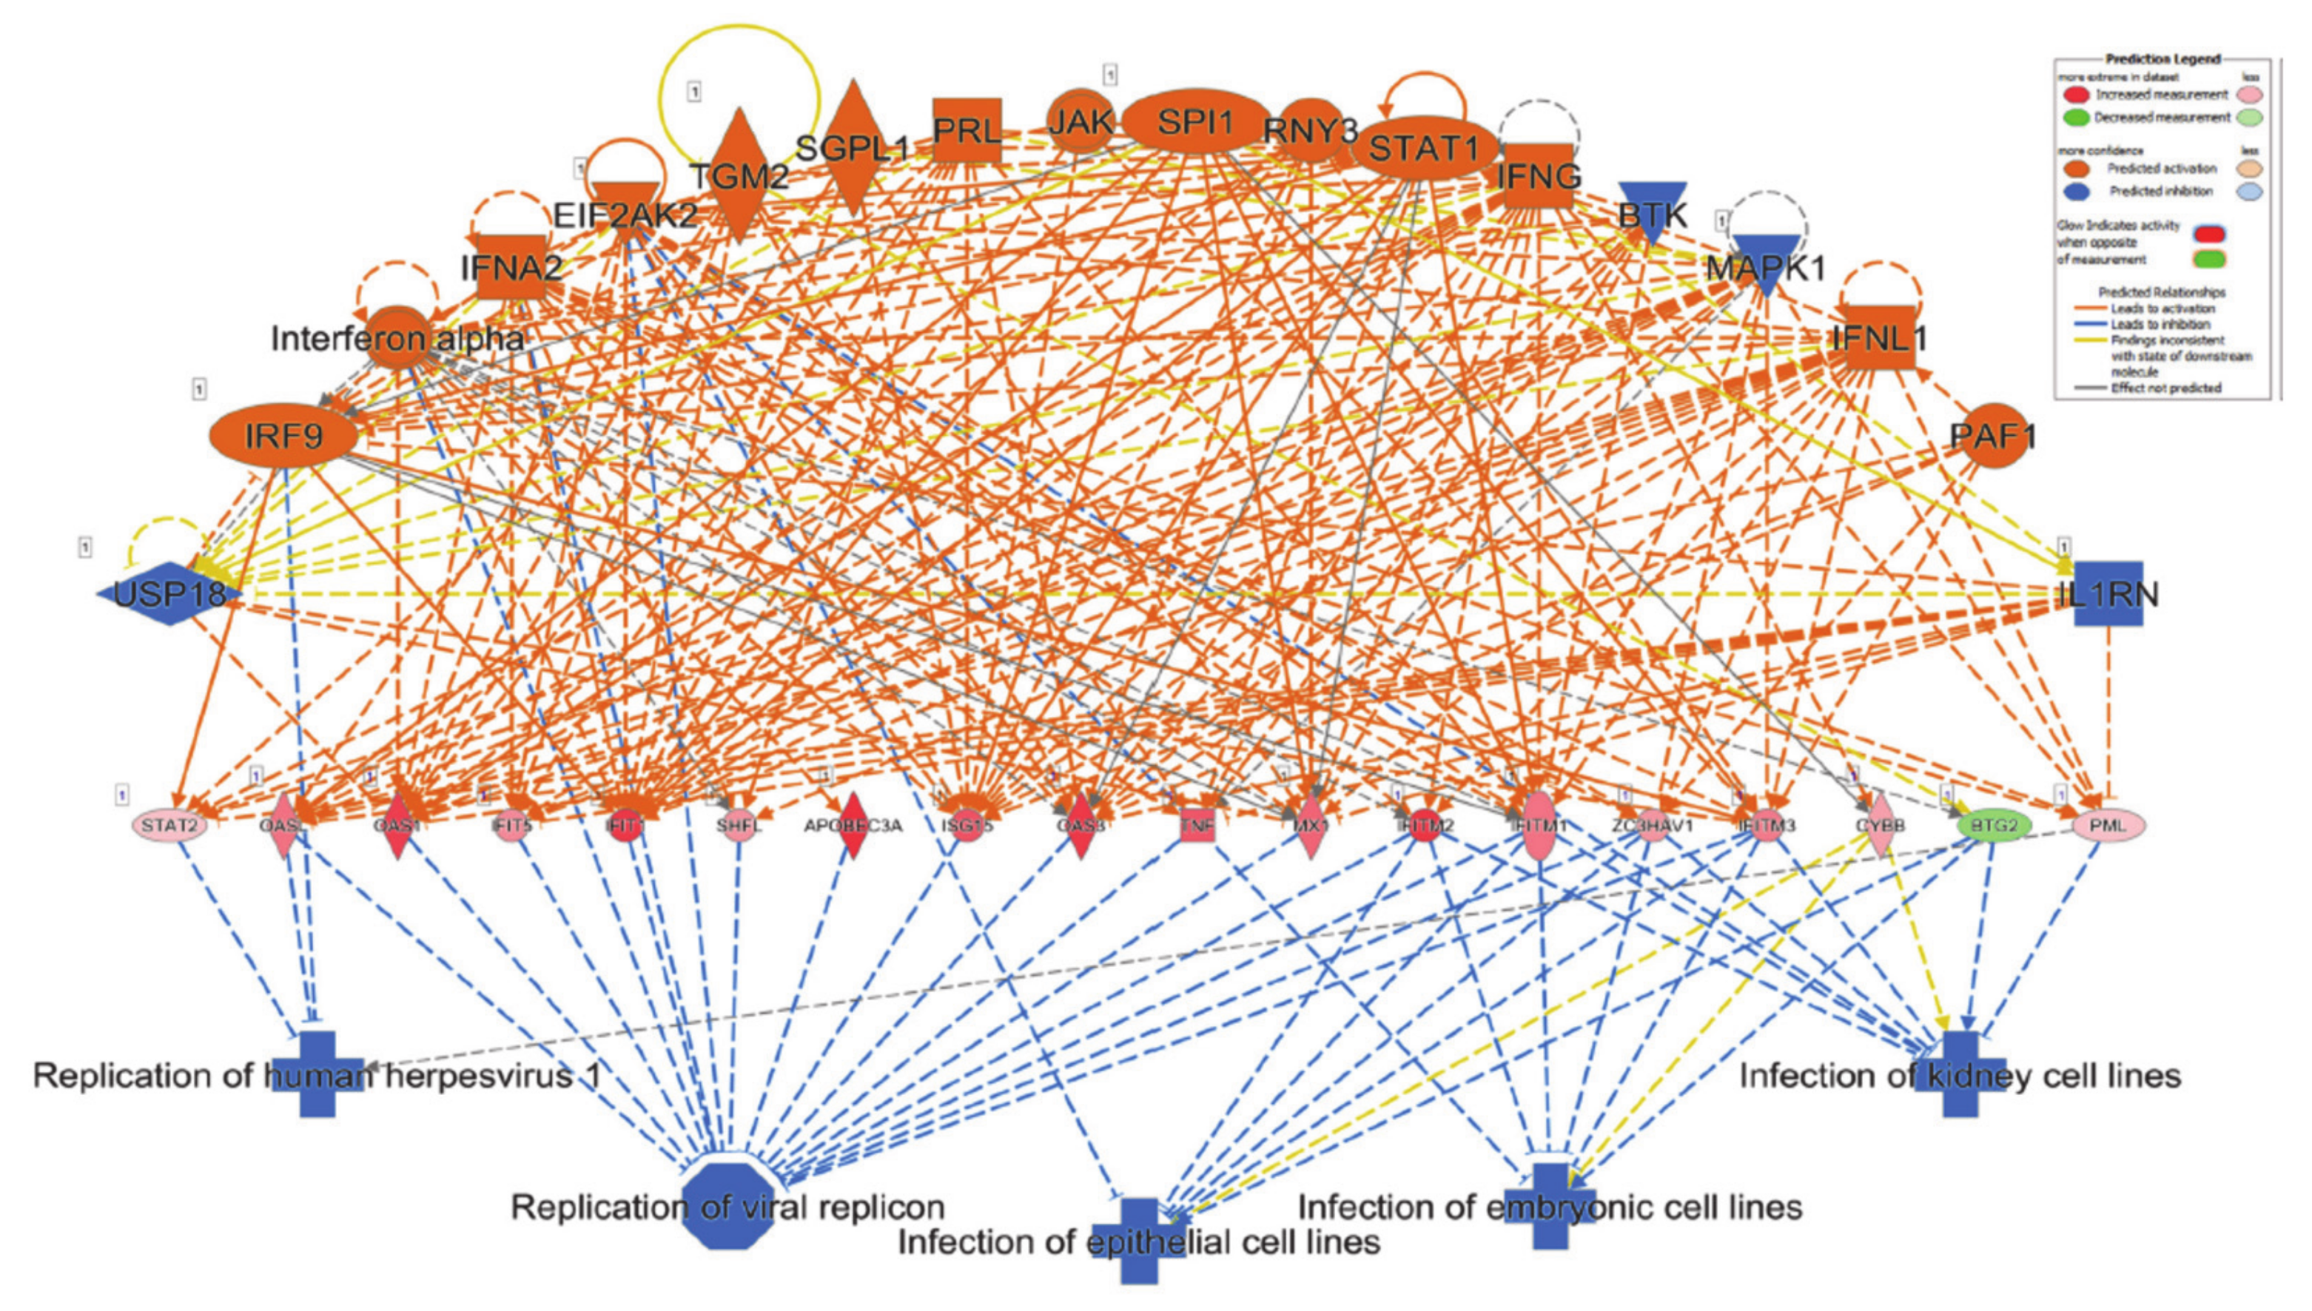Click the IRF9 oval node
283,437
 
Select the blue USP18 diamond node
169,593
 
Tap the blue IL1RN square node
2108,593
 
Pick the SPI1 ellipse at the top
1194,121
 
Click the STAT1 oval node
1424,146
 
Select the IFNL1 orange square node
1879,337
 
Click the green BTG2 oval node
1994,825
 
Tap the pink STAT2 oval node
169,825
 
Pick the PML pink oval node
2108,825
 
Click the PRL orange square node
967,130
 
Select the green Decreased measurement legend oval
2075,117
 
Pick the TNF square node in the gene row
1197,825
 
